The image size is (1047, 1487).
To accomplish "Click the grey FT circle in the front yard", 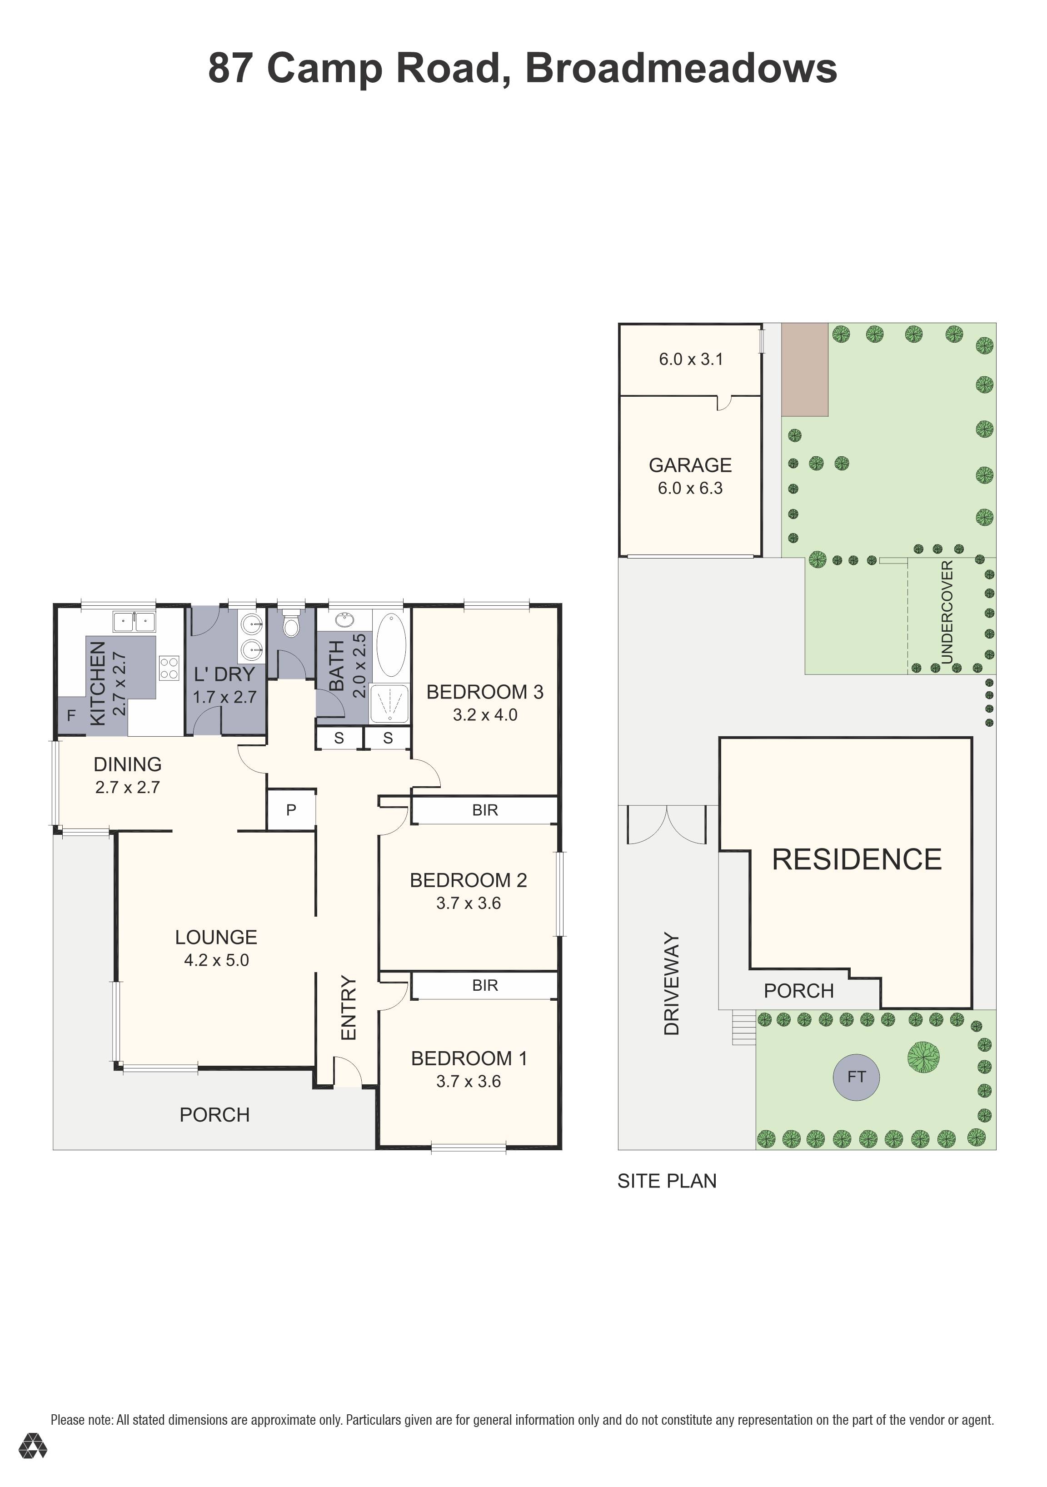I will pyautogui.click(x=856, y=1077).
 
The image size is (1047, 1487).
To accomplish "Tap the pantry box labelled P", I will pyautogui.click(x=291, y=809).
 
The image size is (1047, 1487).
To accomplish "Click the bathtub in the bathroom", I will pyautogui.click(x=391, y=645).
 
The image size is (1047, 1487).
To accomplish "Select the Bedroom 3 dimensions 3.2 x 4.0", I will pyautogui.click(x=484, y=715).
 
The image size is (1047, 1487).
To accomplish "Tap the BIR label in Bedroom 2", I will pyautogui.click(x=485, y=810).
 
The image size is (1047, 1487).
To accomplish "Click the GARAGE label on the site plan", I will pyautogui.click(x=690, y=465).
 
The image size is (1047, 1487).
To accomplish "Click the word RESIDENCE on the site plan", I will pyautogui.click(x=857, y=859).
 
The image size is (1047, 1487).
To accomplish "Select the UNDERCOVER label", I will pyautogui.click(x=947, y=612).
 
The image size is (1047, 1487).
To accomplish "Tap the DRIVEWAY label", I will pyautogui.click(x=672, y=984).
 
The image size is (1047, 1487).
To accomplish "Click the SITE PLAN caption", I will pyautogui.click(x=667, y=1181).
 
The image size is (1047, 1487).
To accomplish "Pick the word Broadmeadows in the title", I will pyautogui.click(x=681, y=68).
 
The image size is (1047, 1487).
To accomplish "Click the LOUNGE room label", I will pyautogui.click(x=216, y=937).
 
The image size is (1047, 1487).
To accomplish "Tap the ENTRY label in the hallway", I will pyautogui.click(x=349, y=1008).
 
